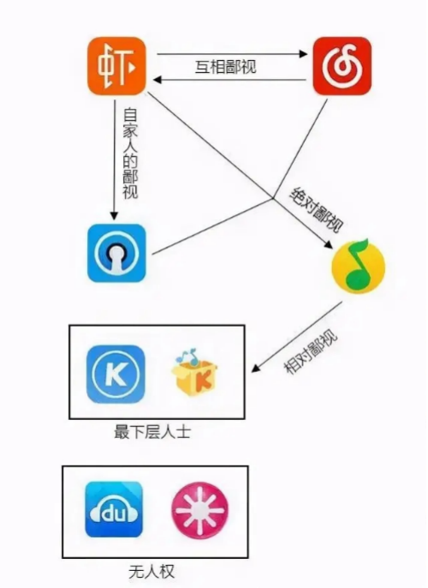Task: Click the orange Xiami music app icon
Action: coord(116,66)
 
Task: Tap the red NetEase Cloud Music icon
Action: coord(342,66)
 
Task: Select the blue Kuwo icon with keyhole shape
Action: coord(116,253)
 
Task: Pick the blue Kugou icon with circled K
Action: coord(116,374)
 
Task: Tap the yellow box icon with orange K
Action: coord(194,372)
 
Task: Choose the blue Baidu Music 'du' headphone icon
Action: coord(114,509)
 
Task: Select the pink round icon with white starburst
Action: coord(199,510)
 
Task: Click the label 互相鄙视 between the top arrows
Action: coord(226,67)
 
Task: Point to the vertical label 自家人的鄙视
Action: coord(130,153)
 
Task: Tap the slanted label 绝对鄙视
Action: coord(317,209)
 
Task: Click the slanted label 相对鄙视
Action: coord(312,351)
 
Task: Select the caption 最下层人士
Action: coord(152,432)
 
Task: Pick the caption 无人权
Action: coord(152,573)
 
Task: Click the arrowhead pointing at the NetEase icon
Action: coord(303,54)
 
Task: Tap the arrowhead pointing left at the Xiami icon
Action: coord(157,80)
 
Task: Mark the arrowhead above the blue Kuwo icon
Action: coord(114,215)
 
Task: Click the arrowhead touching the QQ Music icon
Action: coord(328,243)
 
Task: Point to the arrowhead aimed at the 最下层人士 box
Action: coord(256,368)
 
